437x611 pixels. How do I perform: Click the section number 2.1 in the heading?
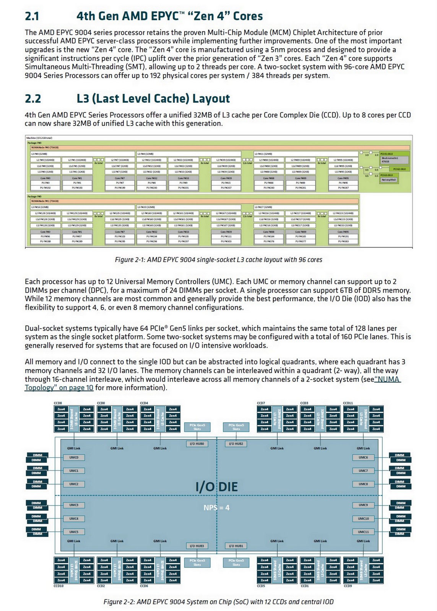(x=32, y=16)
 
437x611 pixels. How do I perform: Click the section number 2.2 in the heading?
(x=33, y=99)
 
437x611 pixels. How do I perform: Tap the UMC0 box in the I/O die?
(x=74, y=457)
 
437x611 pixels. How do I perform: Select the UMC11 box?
(x=363, y=532)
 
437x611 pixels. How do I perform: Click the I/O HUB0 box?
(x=197, y=444)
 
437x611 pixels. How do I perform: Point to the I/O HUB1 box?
(x=236, y=546)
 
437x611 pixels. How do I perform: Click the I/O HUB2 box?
(x=236, y=444)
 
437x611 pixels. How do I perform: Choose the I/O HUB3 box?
(x=197, y=546)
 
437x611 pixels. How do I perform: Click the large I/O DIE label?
(x=216, y=487)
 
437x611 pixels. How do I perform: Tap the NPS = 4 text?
(x=216, y=508)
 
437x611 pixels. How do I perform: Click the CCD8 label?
(x=58, y=403)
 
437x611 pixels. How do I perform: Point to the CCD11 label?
(x=348, y=403)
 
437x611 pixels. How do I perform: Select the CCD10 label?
(x=58, y=585)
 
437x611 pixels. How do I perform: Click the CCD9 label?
(x=348, y=585)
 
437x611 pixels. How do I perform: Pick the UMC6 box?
(x=363, y=457)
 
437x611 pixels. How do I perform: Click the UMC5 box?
(x=74, y=532)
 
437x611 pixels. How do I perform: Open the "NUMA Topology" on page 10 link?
(x=59, y=388)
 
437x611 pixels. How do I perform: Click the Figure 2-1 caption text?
(x=218, y=260)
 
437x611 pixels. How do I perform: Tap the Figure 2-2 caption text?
(x=218, y=602)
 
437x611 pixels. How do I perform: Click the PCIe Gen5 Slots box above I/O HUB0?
(x=197, y=427)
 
